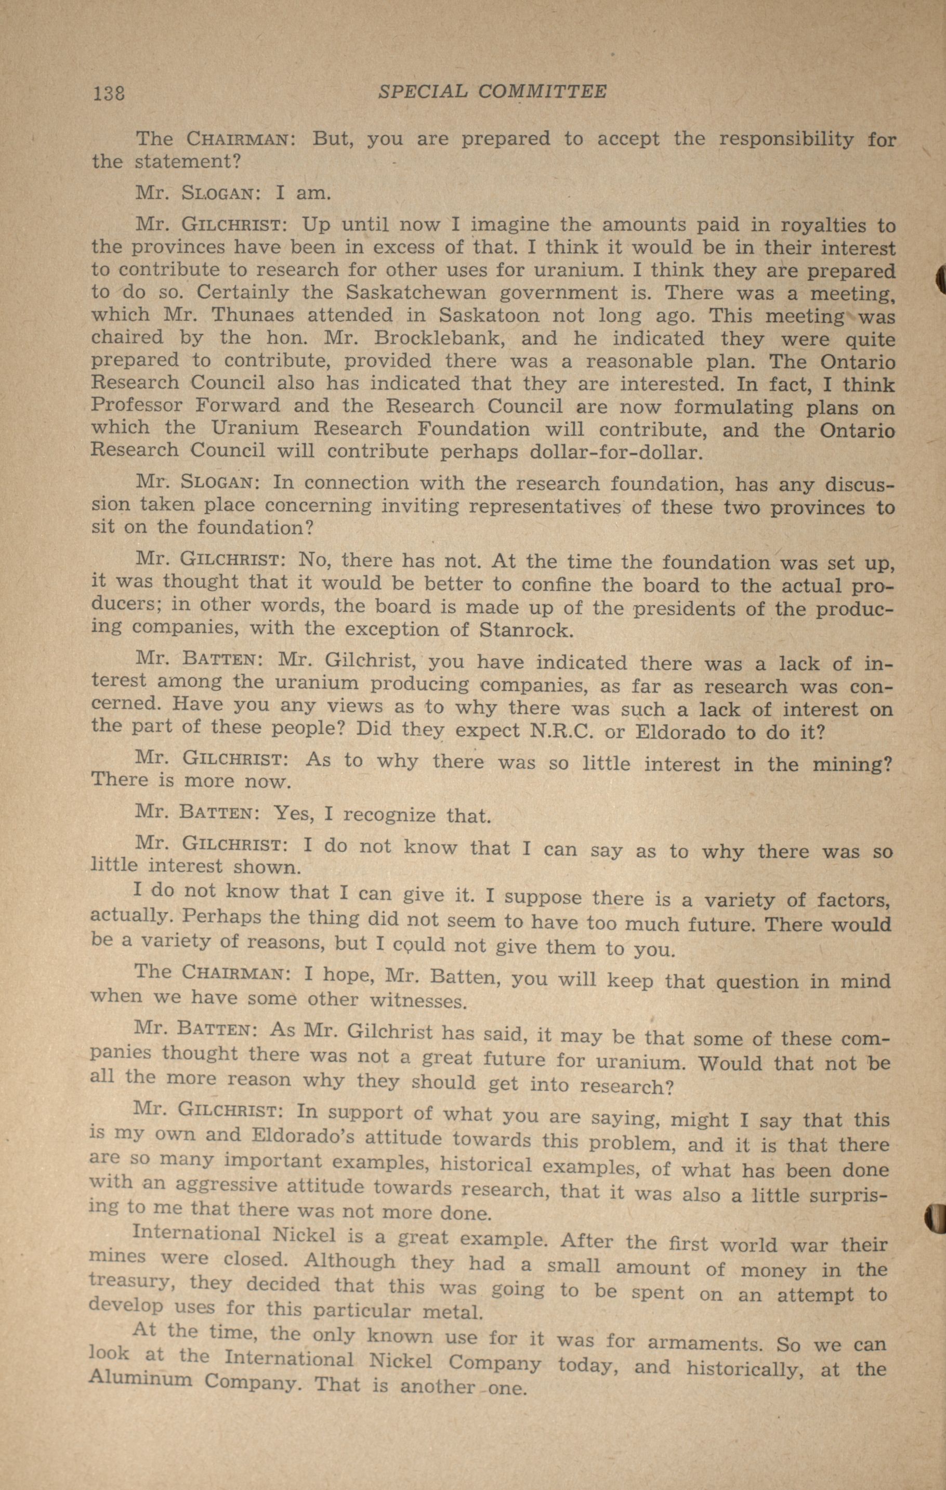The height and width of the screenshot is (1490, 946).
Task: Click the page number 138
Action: click(x=108, y=93)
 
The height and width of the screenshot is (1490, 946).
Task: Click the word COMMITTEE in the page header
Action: click(x=543, y=92)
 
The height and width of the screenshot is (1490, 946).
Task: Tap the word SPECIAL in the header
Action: click(x=423, y=92)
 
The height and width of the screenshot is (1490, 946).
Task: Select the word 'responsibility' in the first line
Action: click(x=786, y=139)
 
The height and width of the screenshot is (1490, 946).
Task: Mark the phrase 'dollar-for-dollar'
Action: click(x=616, y=452)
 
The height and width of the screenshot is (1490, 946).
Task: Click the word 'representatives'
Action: click(x=544, y=506)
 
